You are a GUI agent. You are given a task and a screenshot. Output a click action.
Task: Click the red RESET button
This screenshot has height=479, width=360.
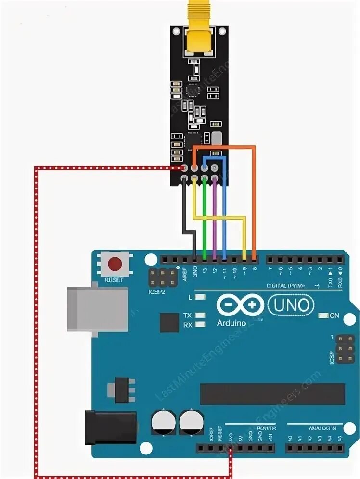(x=115, y=264)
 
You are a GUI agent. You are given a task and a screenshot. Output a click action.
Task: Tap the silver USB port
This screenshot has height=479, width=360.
(x=97, y=309)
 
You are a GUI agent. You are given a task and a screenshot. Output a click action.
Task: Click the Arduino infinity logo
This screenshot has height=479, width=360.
(x=240, y=305)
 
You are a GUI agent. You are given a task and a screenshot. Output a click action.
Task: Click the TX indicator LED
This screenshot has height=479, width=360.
(x=199, y=315)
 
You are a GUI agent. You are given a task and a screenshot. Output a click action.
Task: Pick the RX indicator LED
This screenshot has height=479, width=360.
(x=199, y=325)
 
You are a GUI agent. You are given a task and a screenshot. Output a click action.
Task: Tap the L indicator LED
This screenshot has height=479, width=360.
(x=199, y=298)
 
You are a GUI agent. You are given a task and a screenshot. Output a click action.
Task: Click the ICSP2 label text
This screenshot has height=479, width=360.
(x=156, y=292)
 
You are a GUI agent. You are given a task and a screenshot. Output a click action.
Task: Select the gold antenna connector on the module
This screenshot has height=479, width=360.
(x=199, y=38)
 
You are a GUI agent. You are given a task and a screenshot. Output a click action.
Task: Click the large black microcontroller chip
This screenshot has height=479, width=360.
(x=272, y=394)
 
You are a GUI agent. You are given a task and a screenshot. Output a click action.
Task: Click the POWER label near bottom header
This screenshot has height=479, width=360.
(x=266, y=428)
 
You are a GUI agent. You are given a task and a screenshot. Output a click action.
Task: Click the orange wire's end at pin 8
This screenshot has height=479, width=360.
(x=254, y=259)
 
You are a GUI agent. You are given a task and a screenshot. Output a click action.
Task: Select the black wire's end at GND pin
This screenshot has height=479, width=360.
(x=194, y=259)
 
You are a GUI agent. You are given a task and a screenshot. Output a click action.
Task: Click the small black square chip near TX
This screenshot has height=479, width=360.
(x=169, y=322)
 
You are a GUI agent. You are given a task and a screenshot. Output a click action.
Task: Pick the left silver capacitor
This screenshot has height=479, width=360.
(x=161, y=422)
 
